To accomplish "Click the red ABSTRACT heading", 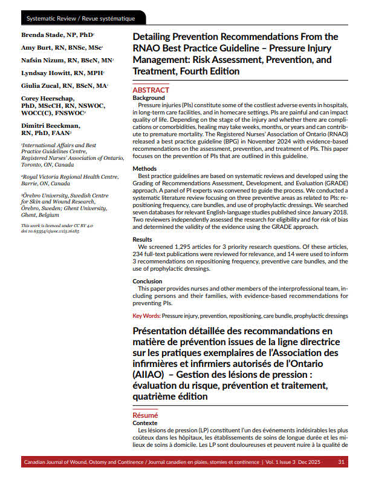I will pos(151,90).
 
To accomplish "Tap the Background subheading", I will pos(149,98).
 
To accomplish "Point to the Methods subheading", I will pos(145,169).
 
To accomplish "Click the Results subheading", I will pos(143,240).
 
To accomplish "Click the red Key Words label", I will pos(146,316).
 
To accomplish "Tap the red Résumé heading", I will pos(145,415).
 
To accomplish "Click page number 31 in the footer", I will pos(342,462).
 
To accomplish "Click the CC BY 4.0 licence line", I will pos(49,225).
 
